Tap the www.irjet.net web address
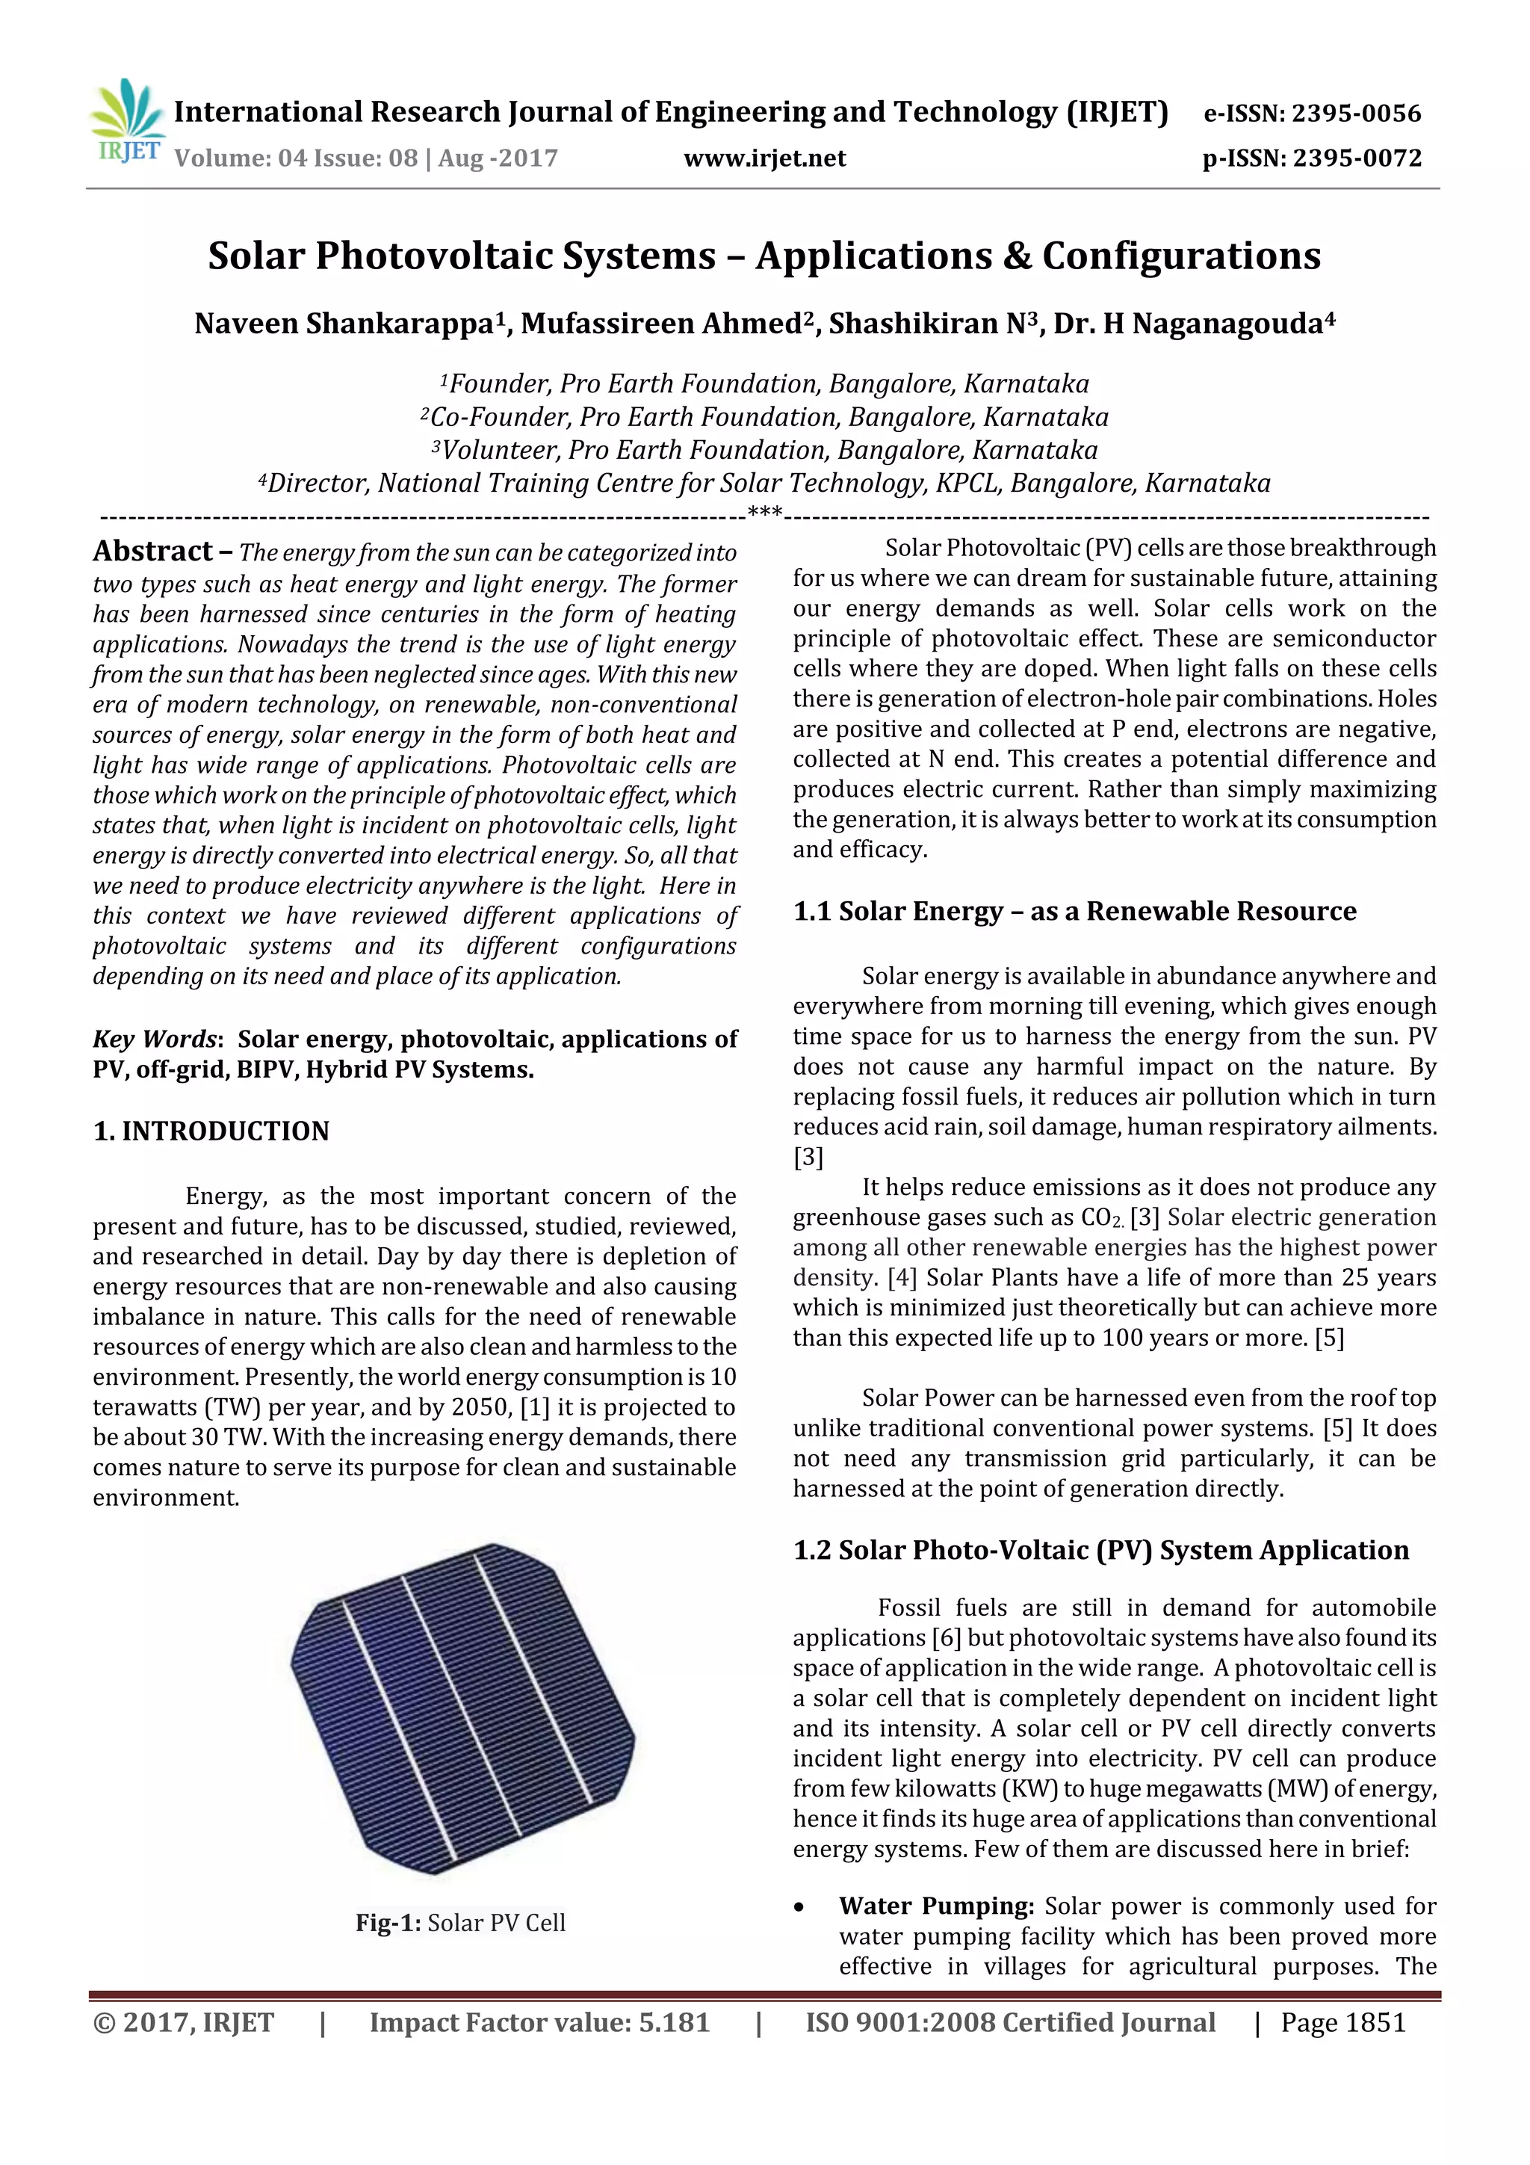coord(764,158)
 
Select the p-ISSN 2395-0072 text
coord(1311,158)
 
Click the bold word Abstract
coord(152,551)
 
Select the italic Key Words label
coord(155,1039)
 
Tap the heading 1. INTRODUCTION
coord(211,1131)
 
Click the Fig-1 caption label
coord(388,1923)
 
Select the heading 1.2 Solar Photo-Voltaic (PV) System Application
coord(1100,1550)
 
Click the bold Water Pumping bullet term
coord(936,1906)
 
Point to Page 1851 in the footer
coord(1342,2022)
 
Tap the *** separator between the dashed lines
coord(764,512)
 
